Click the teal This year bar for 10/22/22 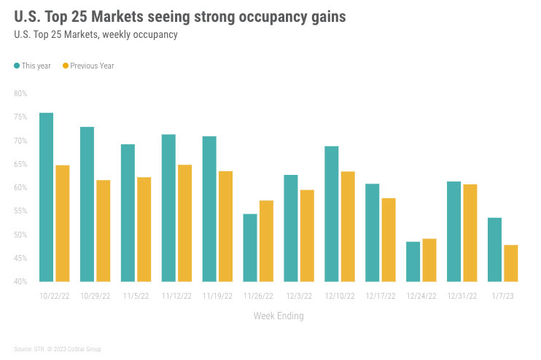46,197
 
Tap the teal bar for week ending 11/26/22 250,247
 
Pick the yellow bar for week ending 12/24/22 429,259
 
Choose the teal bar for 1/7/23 494,249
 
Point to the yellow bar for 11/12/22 184,222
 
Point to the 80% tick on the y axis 20,93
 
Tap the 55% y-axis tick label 20,211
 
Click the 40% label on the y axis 20,281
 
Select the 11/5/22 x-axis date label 136,296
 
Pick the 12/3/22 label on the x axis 299,296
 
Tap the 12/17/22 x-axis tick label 381,296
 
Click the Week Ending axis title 279,316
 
